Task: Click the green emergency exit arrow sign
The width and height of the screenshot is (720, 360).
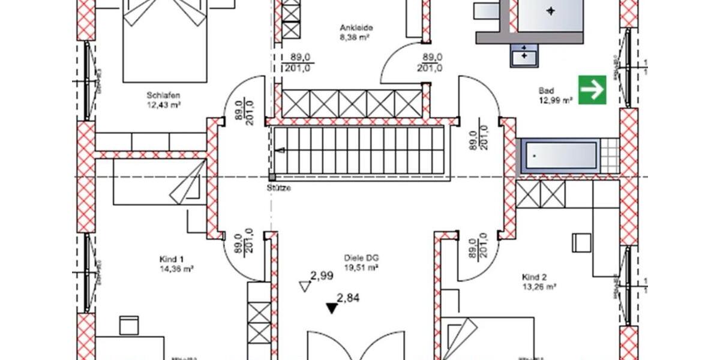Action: [592, 89]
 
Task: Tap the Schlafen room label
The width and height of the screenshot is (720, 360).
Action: [163, 95]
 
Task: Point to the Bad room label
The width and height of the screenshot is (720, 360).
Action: [546, 91]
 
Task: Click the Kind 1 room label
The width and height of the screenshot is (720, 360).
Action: [167, 259]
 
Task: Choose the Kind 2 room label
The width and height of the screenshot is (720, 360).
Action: [535, 277]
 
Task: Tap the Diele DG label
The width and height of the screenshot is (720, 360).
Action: [361, 259]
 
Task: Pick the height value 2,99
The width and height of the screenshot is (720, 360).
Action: [322, 276]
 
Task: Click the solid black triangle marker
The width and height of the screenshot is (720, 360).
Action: [332, 308]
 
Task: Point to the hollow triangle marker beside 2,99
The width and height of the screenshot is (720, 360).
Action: [304, 287]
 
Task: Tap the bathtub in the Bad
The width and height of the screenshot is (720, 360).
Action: [559, 156]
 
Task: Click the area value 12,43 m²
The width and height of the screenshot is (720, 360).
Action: [164, 104]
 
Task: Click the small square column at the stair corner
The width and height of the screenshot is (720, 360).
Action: [272, 178]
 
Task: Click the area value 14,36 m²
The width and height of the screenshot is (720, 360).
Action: [176, 269]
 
